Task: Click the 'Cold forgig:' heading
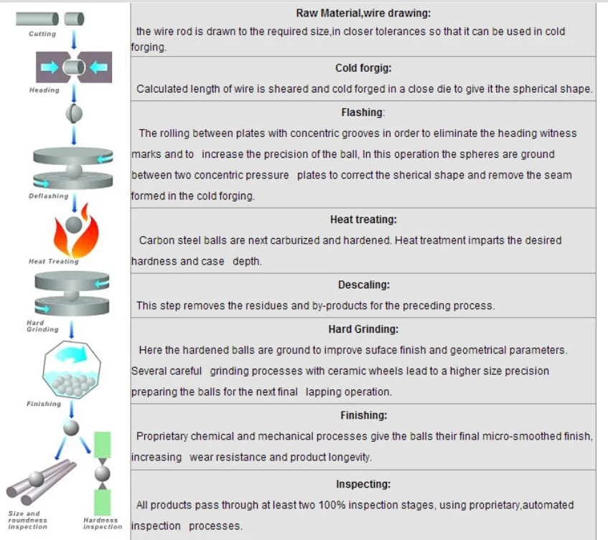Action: pos(363,68)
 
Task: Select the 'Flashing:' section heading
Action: pos(363,113)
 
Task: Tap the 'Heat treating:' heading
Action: pos(363,219)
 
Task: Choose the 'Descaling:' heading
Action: pos(363,285)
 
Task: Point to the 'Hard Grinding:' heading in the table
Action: pos(363,329)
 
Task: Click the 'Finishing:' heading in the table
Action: pos(363,415)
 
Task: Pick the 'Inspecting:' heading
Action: pos(363,484)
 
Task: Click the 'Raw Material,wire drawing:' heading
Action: pos(363,13)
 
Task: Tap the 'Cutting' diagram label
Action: pos(42,34)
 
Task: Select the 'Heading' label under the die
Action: pos(45,90)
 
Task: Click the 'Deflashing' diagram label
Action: pos(49,196)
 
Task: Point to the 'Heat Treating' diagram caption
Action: pos(54,261)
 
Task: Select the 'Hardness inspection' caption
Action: pos(103,524)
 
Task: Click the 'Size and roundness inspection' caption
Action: pos(28,520)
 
